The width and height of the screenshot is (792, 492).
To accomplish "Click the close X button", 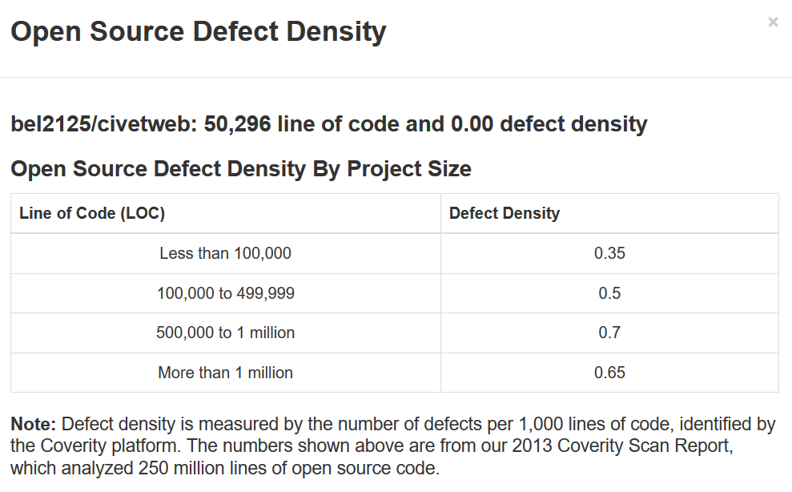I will (773, 22).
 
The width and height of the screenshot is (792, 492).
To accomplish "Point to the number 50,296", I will (238, 124).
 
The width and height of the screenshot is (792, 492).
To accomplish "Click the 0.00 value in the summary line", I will (472, 124).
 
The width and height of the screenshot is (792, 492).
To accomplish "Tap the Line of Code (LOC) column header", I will (92, 213).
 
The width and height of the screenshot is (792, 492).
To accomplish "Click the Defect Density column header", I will (505, 213).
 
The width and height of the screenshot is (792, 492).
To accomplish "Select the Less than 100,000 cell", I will (225, 253).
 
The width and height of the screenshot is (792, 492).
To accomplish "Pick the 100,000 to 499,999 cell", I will (225, 293).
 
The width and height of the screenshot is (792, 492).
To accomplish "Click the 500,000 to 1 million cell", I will (225, 333).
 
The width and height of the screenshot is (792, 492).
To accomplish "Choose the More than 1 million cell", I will (225, 373).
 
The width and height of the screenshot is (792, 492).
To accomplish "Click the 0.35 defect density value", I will (609, 253).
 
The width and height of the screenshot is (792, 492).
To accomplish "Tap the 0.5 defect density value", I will (609, 293).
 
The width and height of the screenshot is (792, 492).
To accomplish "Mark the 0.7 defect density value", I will (609, 333).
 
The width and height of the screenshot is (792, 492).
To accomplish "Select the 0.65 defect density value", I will (609, 373).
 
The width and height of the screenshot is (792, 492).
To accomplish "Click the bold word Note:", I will (34, 425).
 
